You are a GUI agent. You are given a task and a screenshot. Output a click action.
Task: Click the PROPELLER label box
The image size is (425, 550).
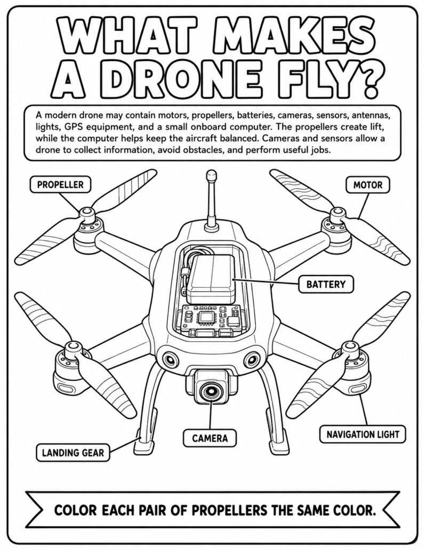60,185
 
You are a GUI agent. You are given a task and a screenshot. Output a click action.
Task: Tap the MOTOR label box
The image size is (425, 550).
367,185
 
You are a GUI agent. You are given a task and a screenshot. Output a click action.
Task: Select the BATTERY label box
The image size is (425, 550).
326,284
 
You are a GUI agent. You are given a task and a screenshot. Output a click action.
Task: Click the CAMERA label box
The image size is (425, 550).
210,438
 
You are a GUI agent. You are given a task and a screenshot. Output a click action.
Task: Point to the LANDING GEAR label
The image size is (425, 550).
73,452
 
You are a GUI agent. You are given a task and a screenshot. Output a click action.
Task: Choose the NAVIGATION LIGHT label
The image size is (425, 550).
363,435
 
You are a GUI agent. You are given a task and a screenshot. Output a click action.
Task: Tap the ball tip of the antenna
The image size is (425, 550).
211,175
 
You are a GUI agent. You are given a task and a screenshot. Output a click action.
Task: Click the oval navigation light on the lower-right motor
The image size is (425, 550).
357,388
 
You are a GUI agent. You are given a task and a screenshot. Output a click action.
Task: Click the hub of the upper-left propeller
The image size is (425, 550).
86,213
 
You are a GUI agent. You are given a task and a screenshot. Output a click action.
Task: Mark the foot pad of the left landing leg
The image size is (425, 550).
143,444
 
